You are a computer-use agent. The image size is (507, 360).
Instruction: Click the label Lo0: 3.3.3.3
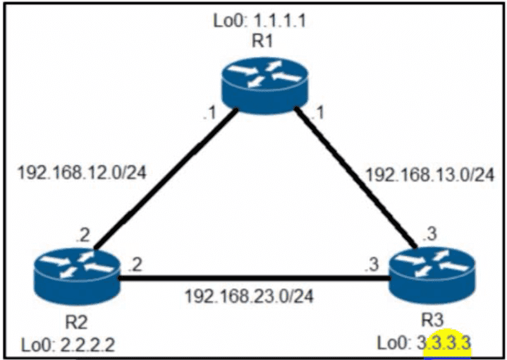(425, 344)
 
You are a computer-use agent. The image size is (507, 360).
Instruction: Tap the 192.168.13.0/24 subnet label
(430, 176)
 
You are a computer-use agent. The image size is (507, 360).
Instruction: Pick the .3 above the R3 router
(428, 234)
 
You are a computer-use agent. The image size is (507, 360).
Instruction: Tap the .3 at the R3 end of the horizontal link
(371, 265)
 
